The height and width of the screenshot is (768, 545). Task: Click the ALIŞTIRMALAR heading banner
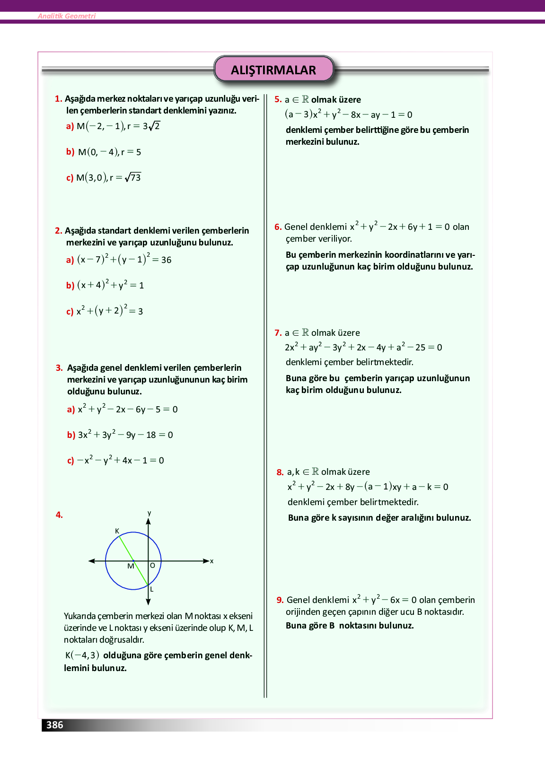pyautogui.click(x=273, y=70)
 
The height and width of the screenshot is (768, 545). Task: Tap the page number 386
pyautogui.click(x=54, y=725)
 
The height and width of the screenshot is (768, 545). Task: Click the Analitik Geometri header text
pyautogui.click(x=67, y=16)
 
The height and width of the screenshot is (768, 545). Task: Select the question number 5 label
pyautogui.click(x=278, y=99)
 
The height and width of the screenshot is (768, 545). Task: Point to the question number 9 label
pyautogui.click(x=280, y=600)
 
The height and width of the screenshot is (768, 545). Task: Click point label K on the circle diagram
pyautogui.click(x=117, y=531)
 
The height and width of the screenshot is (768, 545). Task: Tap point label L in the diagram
pyautogui.click(x=152, y=589)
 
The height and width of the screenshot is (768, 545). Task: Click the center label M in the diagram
pyautogui.click(x=131, y=566)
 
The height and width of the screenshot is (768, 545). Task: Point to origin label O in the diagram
pyautogui.click(x=152, y=566)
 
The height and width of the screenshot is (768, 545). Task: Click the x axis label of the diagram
pyautogui.click(x=211, y=561)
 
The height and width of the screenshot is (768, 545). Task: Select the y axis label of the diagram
pyautogui.click(x=149, y=513)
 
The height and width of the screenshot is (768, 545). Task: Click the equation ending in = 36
pyautogui.click(x=124, y=259)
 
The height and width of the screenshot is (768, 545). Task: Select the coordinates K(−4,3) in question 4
pyautogui.click(x=82, y=655)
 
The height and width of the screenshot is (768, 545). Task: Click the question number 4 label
pyautogui.click(x=59, y=515)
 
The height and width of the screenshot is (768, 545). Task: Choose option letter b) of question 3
pyautogui.click(x=71, y=435)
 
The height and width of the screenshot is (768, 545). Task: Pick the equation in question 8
pyautogui.click(x=368, y=487)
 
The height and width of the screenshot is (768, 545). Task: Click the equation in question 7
pyautogui.click(x=363, y=347)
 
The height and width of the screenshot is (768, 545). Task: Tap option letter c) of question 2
pyautogui.click(x=70, y=311)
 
